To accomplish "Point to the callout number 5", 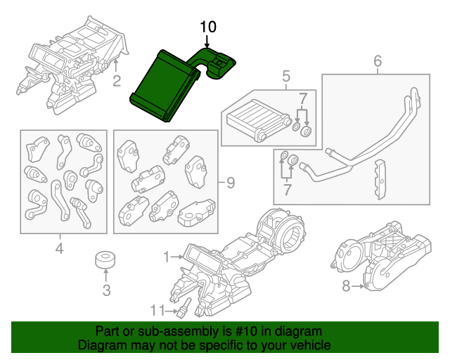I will click(x=286, y=75).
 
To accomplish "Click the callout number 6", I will click(x=377, y=62).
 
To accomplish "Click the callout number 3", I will click(x=106, y=289).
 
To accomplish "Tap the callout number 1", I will click(x=167, y=258).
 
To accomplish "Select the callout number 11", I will click(x=159, y=309).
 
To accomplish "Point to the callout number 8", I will click(x=345, y=285).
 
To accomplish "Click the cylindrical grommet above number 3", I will click(x=106, y=259).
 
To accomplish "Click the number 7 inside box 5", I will click(x=302, y=96).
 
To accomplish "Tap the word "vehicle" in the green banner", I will click(x=306, y=346).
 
